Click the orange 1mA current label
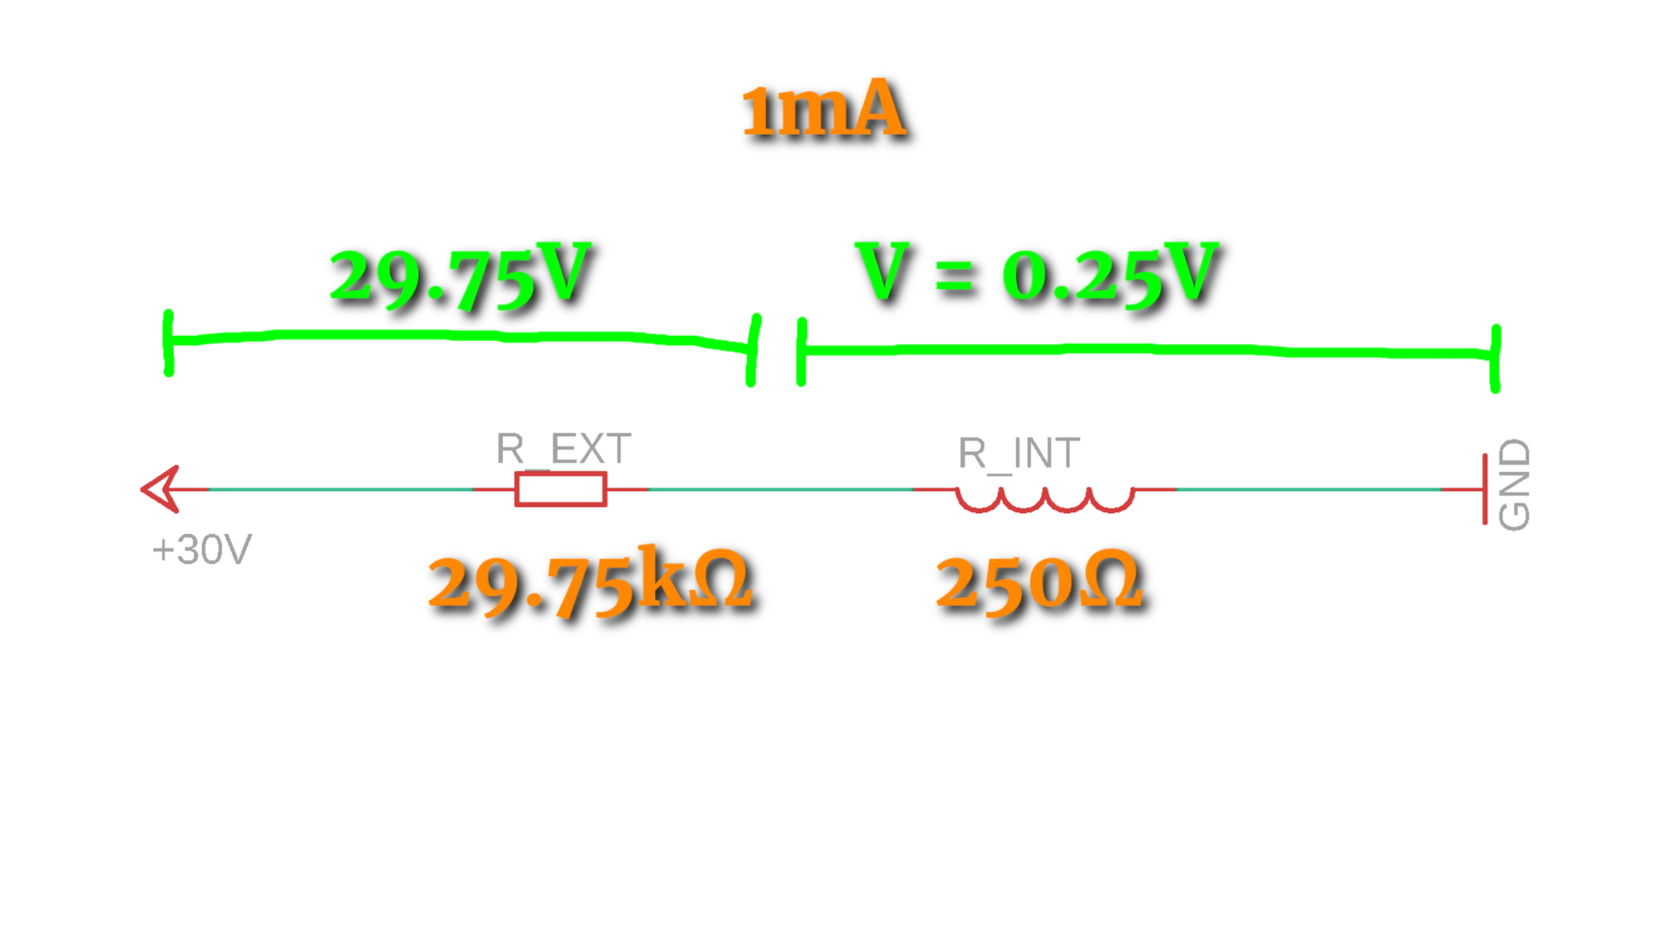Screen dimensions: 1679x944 [x=823, y=109]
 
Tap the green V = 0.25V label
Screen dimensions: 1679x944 [x=1038, y=273]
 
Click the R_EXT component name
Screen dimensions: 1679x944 [x=563, y=448]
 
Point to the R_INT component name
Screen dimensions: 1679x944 [x=1019, y=453]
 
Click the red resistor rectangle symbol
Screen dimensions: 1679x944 [x=561, y=489]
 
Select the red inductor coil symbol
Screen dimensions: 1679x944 [x=1045, y=499]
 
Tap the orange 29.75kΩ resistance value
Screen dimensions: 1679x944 [x=591, y=581]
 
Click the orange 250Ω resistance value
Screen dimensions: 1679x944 [x=1039, y=582]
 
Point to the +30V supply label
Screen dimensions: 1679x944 [x=202, y=550]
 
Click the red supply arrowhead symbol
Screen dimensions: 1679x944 [x=161, y=489]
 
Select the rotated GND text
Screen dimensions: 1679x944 [x=1515, y=484]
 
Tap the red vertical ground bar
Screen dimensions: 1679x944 [x=1485, y=489]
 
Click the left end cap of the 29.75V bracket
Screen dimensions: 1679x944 [x=168, y=343]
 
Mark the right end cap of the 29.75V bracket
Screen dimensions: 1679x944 [x=753, y=350]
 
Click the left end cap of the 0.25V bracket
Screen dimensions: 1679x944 [x=801, y=352]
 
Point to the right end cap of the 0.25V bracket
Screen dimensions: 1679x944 [x=1495, y=358]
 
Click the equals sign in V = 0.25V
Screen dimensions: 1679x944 [x=955, y=278]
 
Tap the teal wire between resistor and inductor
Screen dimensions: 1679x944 [x=781, y=489]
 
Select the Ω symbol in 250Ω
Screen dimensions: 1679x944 [x=1111, y=580]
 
